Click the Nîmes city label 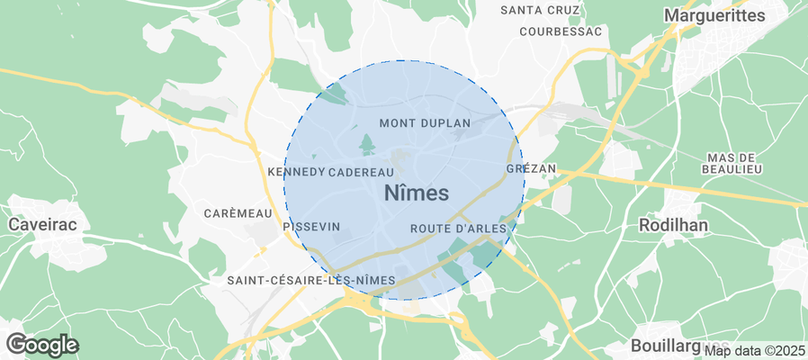(x=417, y=192)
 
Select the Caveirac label (x=40, y=222)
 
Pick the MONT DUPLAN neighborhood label (x=426, y=122)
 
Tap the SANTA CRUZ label (x=540, y=11)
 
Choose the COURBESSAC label (x=560, y=31)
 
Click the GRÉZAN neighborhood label (x=532, y=169)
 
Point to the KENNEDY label (x=296, y=171)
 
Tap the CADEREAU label (x=362, y=171)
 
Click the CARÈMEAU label (x=238, y=213)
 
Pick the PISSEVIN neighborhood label (x=311, y=228)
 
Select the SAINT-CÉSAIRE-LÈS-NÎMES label (x=310, y=281)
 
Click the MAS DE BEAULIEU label (x=735, y=163)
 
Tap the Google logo (x=41, y=344)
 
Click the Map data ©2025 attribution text (x=754, y=350)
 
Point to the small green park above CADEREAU (x=367, y=144)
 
